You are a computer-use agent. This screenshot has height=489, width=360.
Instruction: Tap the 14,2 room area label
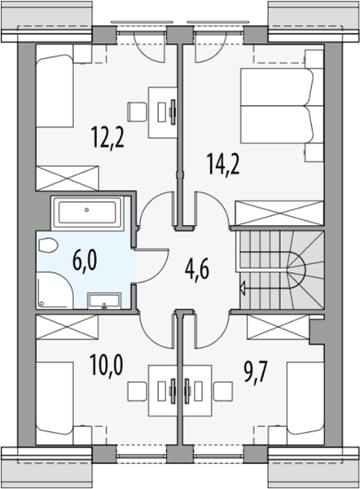click(x=223, y=165)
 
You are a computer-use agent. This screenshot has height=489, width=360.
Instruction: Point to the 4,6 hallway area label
click(x=196, y=270)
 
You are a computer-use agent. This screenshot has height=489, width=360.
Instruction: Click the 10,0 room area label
click(x=106, y=365)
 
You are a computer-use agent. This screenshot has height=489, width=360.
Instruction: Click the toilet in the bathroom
click(x=48, y=244)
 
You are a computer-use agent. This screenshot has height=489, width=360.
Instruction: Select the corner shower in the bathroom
click(x=55, y=290)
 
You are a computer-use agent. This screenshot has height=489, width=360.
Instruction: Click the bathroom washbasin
click(x=104, y=301)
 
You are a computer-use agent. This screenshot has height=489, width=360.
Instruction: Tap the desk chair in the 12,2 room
click(x=137, y=112)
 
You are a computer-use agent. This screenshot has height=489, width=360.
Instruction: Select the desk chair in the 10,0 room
click(x=137, y=392)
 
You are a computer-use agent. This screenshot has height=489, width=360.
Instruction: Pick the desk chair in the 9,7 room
click(x=223, y=392)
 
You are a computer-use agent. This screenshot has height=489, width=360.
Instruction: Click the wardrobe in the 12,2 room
click(x=68, y=178)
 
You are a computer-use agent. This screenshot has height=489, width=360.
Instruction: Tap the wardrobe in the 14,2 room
click(x=279, y=213)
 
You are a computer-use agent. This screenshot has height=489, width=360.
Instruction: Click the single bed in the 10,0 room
click(x=55, y=399)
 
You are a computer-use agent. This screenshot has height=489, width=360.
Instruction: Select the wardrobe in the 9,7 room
click(x=278, y=327)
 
